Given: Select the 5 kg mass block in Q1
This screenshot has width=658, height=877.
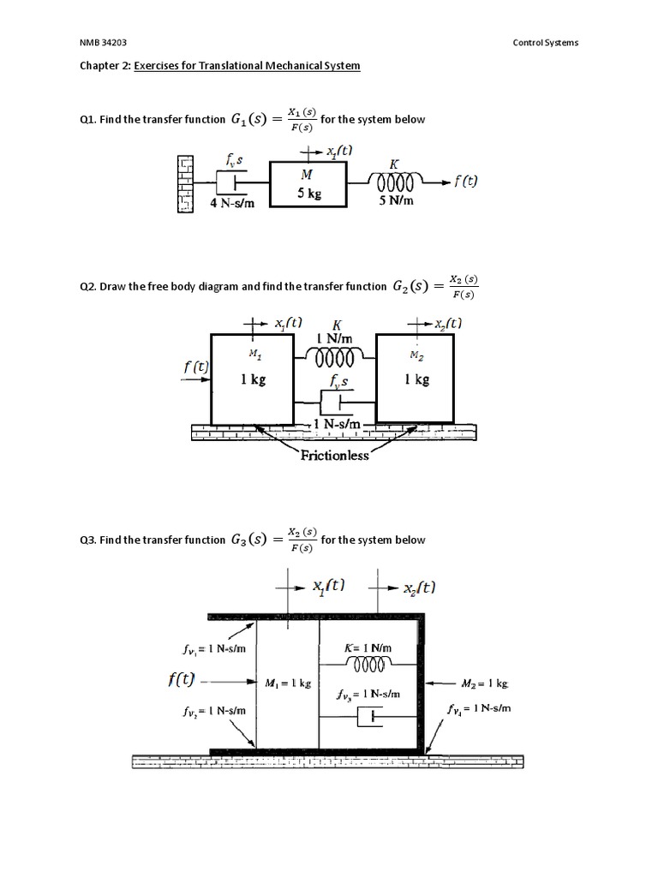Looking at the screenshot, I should (308, 184).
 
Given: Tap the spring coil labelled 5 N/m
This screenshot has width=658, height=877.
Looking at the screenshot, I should (393, 182).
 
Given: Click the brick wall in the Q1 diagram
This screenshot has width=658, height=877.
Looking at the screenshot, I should (183, 182).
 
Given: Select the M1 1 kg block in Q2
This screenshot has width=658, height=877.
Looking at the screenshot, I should (252, 378).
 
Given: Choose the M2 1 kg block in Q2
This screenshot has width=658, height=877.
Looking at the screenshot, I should (416, 378).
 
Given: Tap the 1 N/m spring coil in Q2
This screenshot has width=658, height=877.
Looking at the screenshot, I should (335, 355).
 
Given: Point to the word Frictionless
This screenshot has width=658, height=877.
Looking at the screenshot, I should (335, 456).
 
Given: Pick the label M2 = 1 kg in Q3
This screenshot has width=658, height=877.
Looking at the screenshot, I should (484, 683).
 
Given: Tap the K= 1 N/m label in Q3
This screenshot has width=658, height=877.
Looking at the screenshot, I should (368, 648).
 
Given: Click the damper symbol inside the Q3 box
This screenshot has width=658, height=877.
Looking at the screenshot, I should (369, 718).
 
